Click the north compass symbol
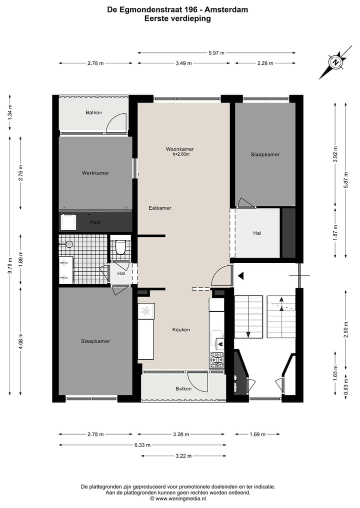pyautogui.click(x=336, y=63)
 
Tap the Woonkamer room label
pyautogui.click(x=180, y=149)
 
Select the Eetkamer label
pyautogui.click(x=160, y=208)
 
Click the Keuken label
pyautogui.click(x=181, y=330)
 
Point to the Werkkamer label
pyautogui.click(x=95, y=173)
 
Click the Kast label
pyautogui.click(x=95, y=222)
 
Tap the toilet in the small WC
pyautogui.click(x=120, y=247)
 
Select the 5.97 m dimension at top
pyautogui.click(x=216, y=52)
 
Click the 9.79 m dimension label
pyautogui.click(x=10, y=271)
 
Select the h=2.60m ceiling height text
pyautogui.click(x=180, y=154)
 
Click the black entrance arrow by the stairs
pyautogui.click(x=241, y=275)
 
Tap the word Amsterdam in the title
pyautogui.click(x=227, y=9)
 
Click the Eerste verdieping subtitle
pyautogui.click(x=177, y=18)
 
